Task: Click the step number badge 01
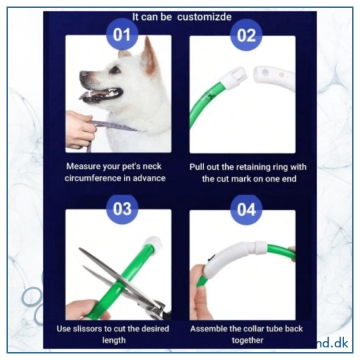tap(122, 34)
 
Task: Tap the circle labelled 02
tap(246, 35)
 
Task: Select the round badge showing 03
tap(122, 209)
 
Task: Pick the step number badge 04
tap(246, 209)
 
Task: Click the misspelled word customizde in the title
tap(205, 17)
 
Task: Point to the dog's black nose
tap(83, 75)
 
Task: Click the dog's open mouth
tap(102, 94)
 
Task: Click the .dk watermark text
tap(339, 343)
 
